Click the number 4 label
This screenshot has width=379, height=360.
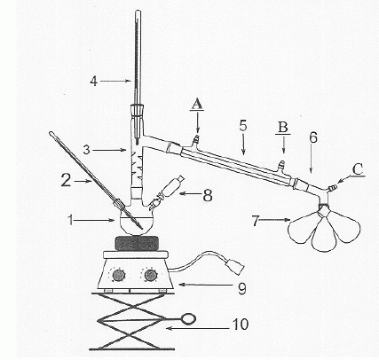click(94, 81)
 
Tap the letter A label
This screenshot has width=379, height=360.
click(197, 104)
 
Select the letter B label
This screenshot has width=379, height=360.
click(282, 127)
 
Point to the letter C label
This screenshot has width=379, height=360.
click(358, 169)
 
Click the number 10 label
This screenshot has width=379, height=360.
click(241, 325)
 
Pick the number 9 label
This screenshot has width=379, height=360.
click(242, 289)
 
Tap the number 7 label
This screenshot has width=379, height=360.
click(257, 221)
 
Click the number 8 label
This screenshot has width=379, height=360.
click(208, 195)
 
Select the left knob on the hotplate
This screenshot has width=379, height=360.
click(119, 276)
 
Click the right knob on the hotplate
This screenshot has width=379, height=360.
click(150, 275)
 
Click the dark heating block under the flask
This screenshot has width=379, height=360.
click(137, 244)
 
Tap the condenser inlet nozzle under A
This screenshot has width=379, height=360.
click(195, 139)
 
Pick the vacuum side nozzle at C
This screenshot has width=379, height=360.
click(332, 187)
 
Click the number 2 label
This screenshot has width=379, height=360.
click(66, 180)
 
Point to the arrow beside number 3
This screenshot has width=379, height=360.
click(109, 150)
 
